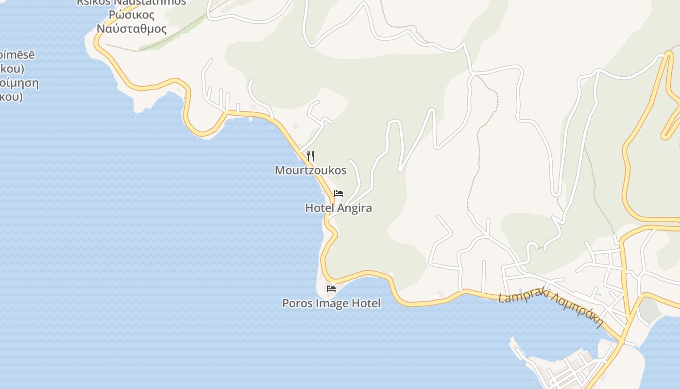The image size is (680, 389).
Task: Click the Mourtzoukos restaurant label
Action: (x=310, y=170)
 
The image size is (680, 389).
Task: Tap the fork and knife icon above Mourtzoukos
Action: (x=310, y=156)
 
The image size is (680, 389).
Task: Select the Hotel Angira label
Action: (x=338, y=208)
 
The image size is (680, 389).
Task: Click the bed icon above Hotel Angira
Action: (x=339, y=194)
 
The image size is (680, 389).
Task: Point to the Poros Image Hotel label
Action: (x=331, y=303)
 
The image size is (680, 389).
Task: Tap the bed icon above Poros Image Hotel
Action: (x=331, y=289)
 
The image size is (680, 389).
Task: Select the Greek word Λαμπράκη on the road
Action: (x=578, y=309)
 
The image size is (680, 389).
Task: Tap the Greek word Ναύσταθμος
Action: (x=132, y=29)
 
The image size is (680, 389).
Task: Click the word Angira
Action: (x=355, y=208)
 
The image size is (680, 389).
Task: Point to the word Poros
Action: (x=297, y=303)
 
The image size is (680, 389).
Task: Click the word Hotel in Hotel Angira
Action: (x=320, y=208)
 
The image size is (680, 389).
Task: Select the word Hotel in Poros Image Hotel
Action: (x=366, y=303)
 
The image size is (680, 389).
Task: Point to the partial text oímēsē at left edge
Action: (x=17, y=54)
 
